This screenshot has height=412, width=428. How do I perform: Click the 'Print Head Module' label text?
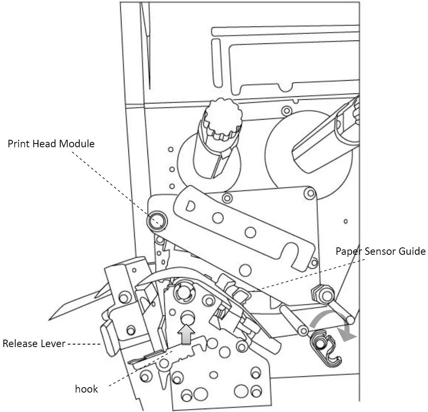[x=51, y=144]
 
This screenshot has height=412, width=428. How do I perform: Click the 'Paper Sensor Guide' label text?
[x=380, y=251]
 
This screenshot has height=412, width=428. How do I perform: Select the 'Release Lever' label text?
[x=33, y=343]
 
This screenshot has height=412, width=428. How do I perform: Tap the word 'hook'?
[x=86, y=389]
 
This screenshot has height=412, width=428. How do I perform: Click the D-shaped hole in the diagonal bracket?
[x=190, y=205]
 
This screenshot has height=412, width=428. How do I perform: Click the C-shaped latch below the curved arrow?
[x=326, y=350]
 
